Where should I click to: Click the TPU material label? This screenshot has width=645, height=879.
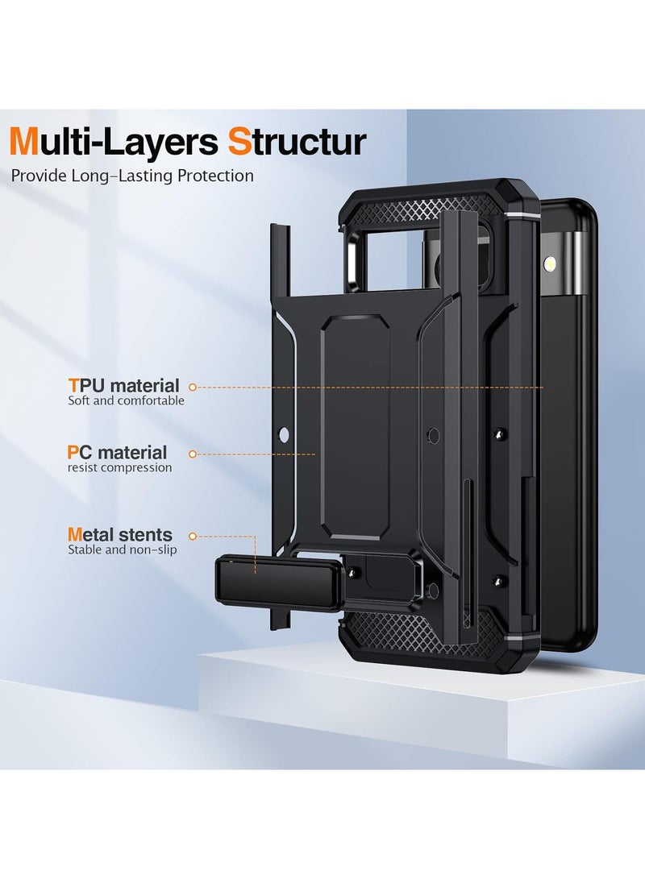123,386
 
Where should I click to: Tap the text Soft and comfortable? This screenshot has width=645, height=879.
126,400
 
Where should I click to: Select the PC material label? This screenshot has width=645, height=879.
118,453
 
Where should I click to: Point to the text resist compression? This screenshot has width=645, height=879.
119,467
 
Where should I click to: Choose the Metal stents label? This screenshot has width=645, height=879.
120,534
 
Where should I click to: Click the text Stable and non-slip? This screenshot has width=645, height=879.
122,549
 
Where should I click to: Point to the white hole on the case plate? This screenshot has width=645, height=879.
282,436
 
